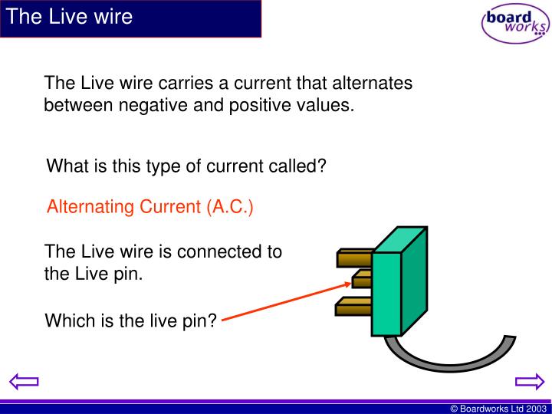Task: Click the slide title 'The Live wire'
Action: tap(70, 17)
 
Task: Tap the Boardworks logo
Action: tap(514, 24)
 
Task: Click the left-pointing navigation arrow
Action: tap(24, 382)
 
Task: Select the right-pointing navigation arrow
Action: tap(528, 382)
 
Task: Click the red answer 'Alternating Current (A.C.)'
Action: tap(150, 207)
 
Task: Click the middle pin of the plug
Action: tap(361, 277)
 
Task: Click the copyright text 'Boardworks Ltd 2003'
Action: tap(498, 409)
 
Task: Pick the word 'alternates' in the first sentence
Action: tap(376, 83)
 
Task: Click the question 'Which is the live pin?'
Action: tap(131, 320)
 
